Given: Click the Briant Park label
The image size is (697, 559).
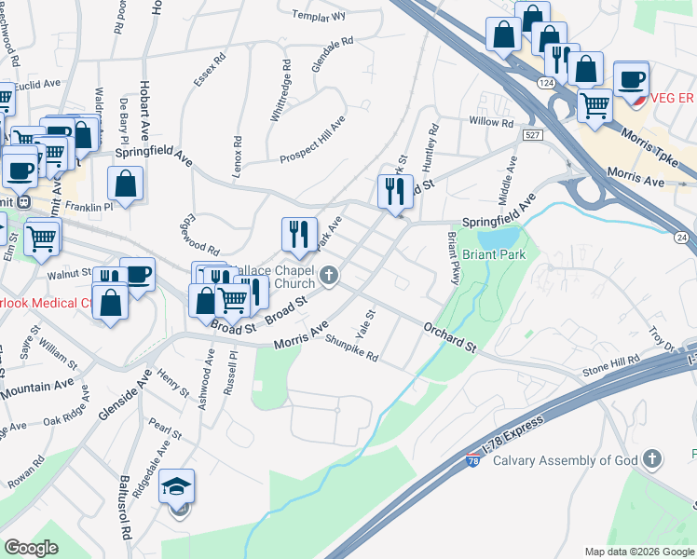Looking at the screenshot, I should point(493,254).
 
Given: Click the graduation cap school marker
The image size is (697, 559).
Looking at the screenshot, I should point(176,486).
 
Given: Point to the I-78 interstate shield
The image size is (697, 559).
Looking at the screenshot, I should point(472,459).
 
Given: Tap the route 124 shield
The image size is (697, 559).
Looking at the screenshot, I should point(547,84).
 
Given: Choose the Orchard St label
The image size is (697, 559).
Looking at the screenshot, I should point(450,336).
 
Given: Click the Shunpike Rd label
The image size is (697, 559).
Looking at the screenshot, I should point(351,348).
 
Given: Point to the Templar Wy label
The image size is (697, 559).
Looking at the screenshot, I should point(319,16).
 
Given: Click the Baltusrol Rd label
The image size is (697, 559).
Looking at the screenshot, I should point(124,510).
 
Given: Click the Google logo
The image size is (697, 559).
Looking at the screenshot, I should point(32,548).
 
